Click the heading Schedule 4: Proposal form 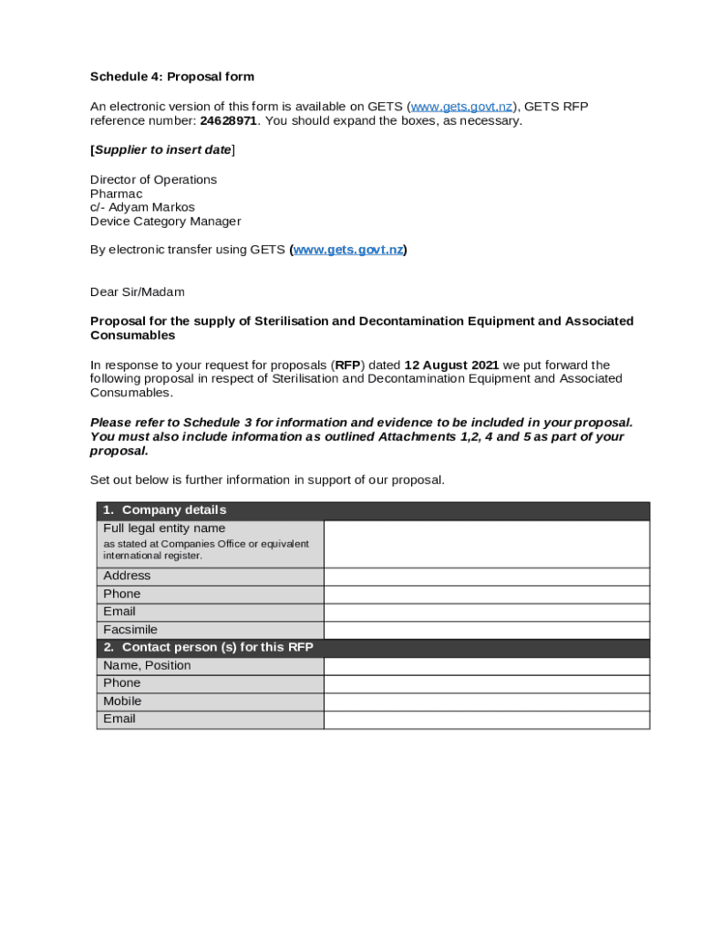pos(171,77)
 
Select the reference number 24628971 pos(228,121)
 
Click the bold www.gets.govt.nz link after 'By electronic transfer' pos(347,250)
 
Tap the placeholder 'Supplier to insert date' pos(162,149)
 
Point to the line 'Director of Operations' pos(153,179)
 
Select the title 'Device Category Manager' pos(165,220)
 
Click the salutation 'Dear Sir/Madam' pos(137,292)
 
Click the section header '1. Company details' pos(164,510)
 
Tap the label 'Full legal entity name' pos(164,528)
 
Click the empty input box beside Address pos(486,576)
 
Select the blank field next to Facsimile pos(486,630)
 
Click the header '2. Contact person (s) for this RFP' pos(208,648)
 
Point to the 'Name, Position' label pos(147,665)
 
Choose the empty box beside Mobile pos(486,702)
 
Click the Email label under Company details pos(119,611)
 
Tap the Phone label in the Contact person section pos(122,683)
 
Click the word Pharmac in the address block pos(116,193)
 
